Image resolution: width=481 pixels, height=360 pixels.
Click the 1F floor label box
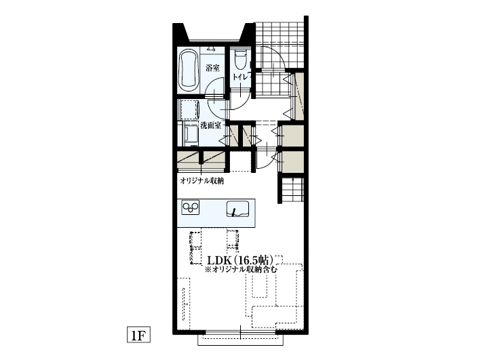(138, 334)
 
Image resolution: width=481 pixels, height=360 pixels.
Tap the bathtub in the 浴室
(188, 70)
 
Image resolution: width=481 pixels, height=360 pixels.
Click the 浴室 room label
(212, 68)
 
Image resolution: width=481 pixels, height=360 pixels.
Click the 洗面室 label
(211, 125)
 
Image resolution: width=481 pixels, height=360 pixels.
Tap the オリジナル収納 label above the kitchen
(202, 181)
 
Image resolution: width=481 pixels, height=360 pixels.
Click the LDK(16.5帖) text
(240, 260)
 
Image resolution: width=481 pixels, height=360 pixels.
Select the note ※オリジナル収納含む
(241, 270)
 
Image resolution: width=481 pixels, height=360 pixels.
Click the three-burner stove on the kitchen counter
(190, 207)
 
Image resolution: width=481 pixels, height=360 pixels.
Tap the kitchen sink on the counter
(237, 209)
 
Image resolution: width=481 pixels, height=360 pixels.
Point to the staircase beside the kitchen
(292, 189)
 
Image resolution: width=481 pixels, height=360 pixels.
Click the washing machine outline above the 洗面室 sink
(189, 109)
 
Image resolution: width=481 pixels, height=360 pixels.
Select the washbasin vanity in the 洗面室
(189, 134)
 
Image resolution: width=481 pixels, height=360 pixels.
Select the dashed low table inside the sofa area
(260, 285)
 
